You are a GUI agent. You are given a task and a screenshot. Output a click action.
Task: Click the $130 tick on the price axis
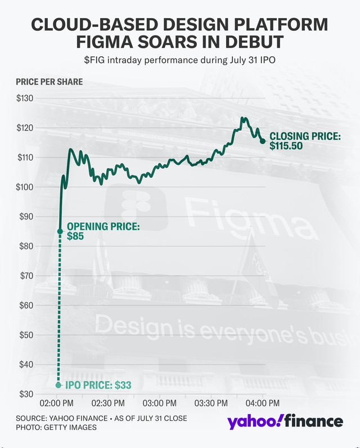click(x=25, y=98)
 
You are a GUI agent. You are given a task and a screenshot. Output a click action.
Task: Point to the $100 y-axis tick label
click(x=25, y=187)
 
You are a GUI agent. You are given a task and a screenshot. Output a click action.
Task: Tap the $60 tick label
click(x=26, y=305)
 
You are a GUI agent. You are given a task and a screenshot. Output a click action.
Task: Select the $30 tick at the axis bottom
click(x=26, y=394)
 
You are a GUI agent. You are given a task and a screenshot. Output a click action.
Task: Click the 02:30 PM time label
click(x=107, y=404)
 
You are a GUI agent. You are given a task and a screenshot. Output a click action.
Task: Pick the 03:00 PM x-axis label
click(x=159, y=404)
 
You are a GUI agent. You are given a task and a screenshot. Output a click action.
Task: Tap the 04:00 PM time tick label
click(x=263, y=404)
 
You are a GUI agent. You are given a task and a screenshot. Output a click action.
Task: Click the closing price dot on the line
click(x=263, y=141)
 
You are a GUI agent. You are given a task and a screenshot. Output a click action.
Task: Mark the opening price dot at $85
click(x=60, y=231)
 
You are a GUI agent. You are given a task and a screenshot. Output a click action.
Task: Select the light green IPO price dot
click(x=59, y=385)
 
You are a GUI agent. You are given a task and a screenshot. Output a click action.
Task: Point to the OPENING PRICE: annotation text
click(x=103, y=227)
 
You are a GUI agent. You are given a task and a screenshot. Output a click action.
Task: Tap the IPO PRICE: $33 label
click(x=98, y=386)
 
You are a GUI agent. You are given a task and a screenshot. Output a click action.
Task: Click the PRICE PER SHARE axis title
click(x=49, y=82)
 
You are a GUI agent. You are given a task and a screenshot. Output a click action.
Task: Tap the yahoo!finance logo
click(x=285, y=422)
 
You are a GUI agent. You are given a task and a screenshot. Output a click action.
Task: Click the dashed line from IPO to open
click(x=59, y=310)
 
